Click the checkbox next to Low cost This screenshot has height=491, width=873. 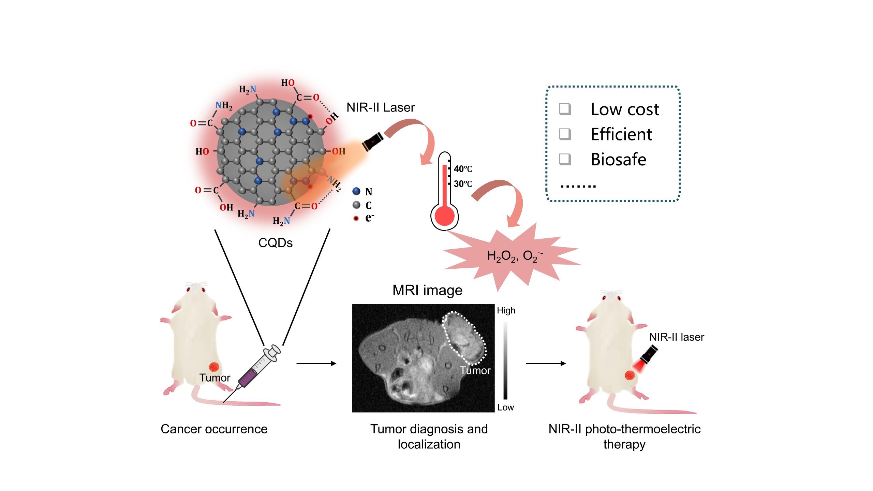tap(565, 109)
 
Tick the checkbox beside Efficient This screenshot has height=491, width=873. tap(565, 134)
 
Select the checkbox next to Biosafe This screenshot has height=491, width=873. tap(565, 159)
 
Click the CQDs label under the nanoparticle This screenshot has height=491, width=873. tap(275, 243)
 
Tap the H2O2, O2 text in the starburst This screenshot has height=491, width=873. tap(514, 256)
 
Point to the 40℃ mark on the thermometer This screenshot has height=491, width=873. tap(462, 169)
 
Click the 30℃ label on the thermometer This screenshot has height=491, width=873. tap(462, 184)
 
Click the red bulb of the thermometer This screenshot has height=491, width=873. tap(445, 216)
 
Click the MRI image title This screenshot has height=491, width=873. tap(427, 290)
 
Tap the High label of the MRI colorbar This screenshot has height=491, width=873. tap(506, 311)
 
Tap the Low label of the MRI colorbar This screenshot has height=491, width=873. tap(505, 407)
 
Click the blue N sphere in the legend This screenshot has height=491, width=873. tap(356, 191)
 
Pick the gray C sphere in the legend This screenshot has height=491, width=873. tap(356, 205)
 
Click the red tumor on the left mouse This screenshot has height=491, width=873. tap(214, 367)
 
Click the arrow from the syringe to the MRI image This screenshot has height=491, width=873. tap(316, 363)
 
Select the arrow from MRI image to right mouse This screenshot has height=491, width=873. tap(546, 363)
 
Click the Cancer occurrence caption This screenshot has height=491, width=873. tap(214, 429)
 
